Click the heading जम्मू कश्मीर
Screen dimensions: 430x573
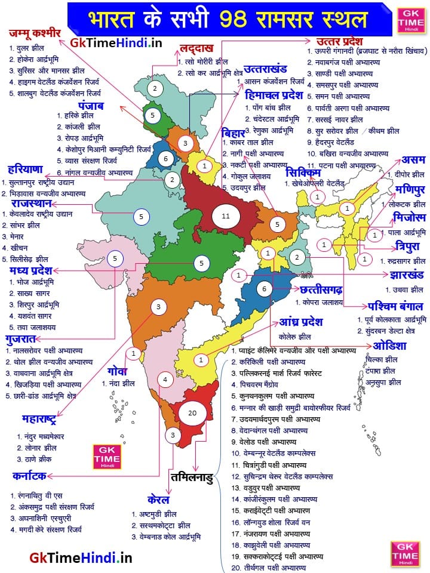click(x=36, y=32)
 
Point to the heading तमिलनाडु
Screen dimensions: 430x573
click(x=191, y=478)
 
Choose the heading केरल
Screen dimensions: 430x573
click(x=158, y=499)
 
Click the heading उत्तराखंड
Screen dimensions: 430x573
click(x=261, y=69)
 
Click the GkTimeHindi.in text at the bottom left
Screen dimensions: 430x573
click(x=81, y=557)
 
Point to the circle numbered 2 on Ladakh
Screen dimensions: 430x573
click(x=155, y=89)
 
